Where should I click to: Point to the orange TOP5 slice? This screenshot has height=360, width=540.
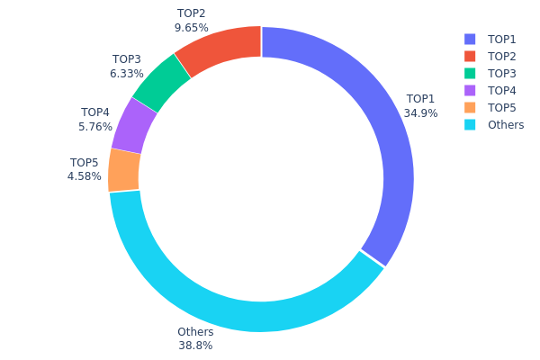(x=124, y=170)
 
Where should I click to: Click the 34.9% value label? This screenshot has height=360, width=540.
(x=420, y=113)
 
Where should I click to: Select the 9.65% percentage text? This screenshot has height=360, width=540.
(x=191, y=28)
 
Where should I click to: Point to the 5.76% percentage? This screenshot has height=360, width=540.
(x=95, y=127)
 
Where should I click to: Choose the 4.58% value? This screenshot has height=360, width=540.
(x=85, y=176)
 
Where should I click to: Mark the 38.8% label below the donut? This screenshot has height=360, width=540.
(x=195, y=346)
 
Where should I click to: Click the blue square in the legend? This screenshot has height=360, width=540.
(x=469, y=40)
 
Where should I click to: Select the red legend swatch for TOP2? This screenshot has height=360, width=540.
(x=469, y=57)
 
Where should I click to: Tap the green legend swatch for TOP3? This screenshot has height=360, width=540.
(x=469, y=74)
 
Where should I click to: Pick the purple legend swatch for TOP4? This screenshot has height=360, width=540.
(x=469, y=91)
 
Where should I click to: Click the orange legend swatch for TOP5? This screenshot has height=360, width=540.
(x=469, y=108)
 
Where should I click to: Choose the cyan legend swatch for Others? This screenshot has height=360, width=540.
(x=469, y=125)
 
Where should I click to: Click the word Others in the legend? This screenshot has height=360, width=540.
(x=505, y=125)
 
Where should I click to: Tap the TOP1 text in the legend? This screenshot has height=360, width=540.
(x=502, y=40)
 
